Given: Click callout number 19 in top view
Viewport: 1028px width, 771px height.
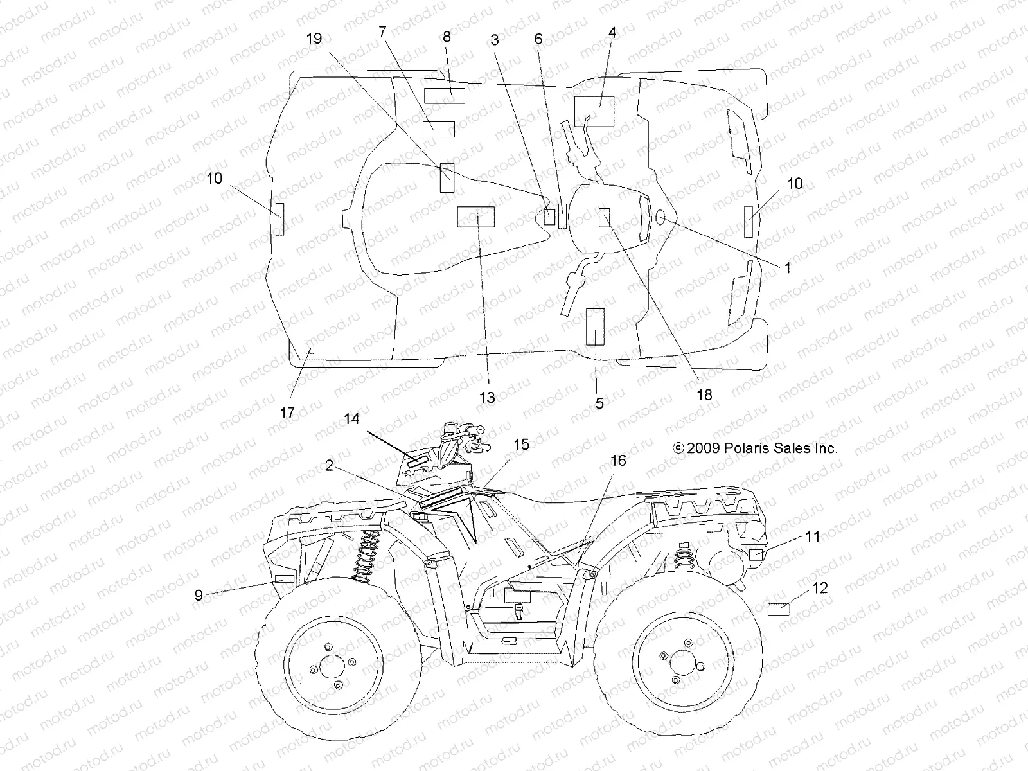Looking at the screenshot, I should [x=314, y=39].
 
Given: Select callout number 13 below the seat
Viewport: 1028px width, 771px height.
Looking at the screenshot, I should [x=487, y=398].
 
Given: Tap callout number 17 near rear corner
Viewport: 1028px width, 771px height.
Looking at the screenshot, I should [x=287, y=412].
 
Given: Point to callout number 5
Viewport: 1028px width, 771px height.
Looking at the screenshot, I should [x=599, y=403].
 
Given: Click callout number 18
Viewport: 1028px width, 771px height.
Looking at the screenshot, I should [x=705, y=394].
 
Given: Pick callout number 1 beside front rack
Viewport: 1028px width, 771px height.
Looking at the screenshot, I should [x=788, y=268].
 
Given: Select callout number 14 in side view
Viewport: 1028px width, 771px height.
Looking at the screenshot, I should [x=351, y=419].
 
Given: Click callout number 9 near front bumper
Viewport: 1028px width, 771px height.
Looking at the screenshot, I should [x=199, y=595].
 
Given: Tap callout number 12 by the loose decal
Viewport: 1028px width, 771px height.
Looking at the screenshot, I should [x=820, y=588].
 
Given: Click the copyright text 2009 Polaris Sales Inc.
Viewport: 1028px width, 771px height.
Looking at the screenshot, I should [x=755, y=448].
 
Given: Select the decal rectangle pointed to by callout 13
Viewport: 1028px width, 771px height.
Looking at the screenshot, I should [x=475, y=217].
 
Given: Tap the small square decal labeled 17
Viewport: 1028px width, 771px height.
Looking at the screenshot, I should [x=310, y=347].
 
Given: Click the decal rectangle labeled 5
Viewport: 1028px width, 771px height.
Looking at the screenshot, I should [x=596, y=326].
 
